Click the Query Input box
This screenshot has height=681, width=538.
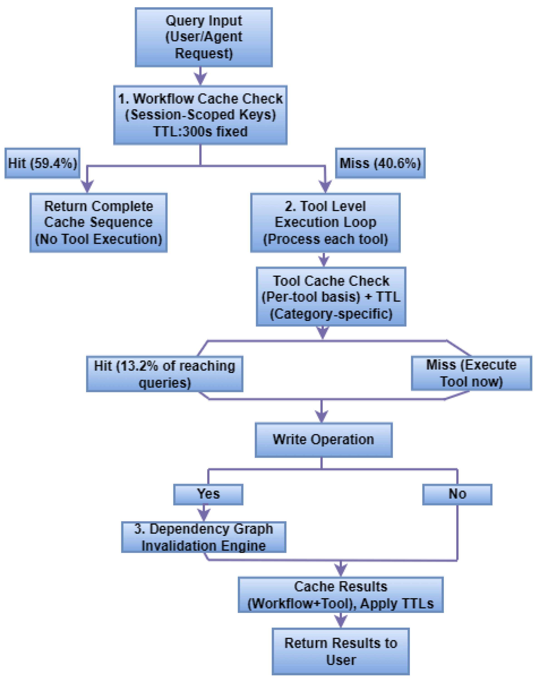[x=204, y=37]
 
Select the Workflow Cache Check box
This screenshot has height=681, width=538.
[x=200, y=115]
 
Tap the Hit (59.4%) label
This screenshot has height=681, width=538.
[x=42, y=163]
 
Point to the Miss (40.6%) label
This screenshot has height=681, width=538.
[x=380, y=163]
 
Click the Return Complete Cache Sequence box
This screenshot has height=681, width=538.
[x=98, y=223]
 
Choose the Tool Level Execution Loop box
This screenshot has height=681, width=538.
[x=325, y=223]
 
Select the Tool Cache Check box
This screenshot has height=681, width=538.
[x=331, y=296]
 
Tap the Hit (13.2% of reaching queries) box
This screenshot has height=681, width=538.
[x=165, y=374]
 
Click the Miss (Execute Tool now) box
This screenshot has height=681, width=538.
[x=471, y=373]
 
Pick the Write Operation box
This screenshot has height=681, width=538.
[x=324, y=439]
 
